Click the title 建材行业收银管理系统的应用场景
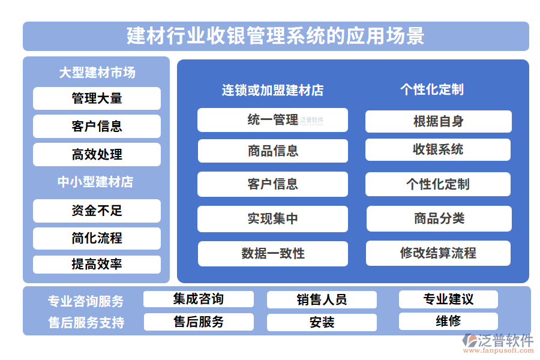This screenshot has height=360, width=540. [276, 36]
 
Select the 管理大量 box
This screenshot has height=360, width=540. [97, 98]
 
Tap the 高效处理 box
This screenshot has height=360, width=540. [97, 154]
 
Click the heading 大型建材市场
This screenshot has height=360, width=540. [97, 73]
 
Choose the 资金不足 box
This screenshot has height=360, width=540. [97, 211]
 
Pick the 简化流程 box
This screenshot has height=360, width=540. [97, 238]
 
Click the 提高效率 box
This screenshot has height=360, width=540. [97, 264]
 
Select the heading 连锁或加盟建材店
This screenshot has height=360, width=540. [272, 90]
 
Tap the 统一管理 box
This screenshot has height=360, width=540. [272, 120]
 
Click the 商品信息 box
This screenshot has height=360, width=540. [272, 151]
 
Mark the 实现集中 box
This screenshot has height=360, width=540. [272, 218]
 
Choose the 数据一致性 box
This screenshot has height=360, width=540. [272, 253]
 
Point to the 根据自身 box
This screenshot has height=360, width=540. [438, 121]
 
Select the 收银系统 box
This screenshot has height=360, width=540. [438, 149]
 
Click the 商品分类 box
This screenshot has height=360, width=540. [439, 218]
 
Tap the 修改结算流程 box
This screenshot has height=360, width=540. [438, 253]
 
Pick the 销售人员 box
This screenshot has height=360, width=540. [322, 299]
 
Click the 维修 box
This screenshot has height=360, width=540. [448, 321]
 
